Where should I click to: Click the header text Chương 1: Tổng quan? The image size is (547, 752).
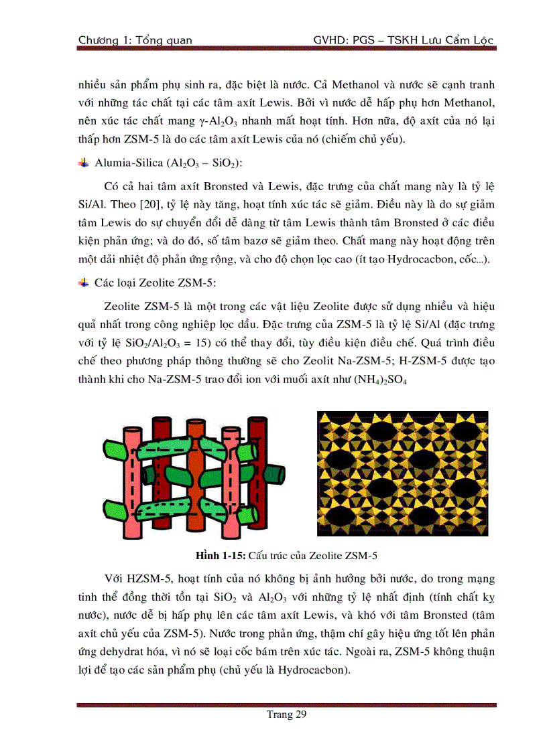tap(135, 40)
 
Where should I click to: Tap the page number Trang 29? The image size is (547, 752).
tap(286, 716)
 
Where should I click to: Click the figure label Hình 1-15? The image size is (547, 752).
tap(220, 556)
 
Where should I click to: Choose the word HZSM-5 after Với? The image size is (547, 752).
tap(151, 578)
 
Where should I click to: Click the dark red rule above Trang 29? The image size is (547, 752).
tap(286, 704)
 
